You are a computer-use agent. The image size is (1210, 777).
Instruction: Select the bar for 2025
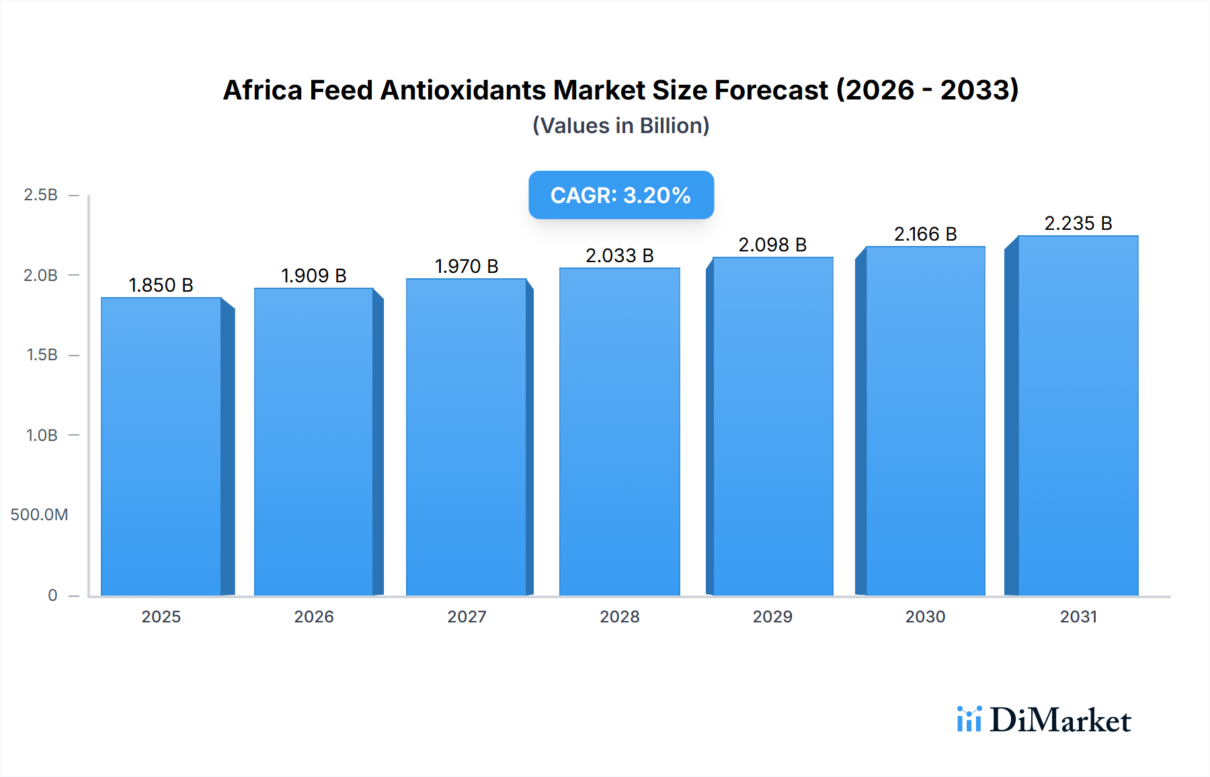tap(161, 446)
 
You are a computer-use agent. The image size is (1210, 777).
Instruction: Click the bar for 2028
tap(619, 432)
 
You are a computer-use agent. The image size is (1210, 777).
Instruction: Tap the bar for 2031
tap(1078, 415)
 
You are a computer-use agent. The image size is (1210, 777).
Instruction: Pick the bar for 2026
tap(314, 442)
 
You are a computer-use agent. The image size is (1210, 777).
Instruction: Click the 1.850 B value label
tap(161, 285)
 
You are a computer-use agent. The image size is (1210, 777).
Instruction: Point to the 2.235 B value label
tap(1078, 223)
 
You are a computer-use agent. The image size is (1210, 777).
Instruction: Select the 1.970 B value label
tap(467, 266)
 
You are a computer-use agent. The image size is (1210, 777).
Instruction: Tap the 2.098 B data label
tap(772, 245)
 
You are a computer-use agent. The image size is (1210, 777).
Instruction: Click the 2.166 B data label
tap(925, 234)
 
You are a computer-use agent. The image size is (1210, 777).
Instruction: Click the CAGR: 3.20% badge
tap(621, 195)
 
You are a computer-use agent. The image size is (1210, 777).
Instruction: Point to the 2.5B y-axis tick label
tap(40, 195)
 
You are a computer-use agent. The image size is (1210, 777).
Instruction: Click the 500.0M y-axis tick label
tap(39, 515)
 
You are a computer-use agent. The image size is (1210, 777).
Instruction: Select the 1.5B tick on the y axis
tap(42, 355)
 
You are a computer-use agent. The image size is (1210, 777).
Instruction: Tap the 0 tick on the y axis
tap(52, 595)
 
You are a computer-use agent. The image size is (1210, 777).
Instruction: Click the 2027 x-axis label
tap(467, 616)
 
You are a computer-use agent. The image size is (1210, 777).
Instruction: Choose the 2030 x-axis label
tap(925, 616)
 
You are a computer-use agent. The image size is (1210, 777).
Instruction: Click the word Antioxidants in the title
tap(463, 90)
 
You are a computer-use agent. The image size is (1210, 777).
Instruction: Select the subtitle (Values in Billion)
tap(621, 126)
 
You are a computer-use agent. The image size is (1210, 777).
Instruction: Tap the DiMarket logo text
tap(1060, 721)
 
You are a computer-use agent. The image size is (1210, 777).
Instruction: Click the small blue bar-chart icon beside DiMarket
tap(969, 719)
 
